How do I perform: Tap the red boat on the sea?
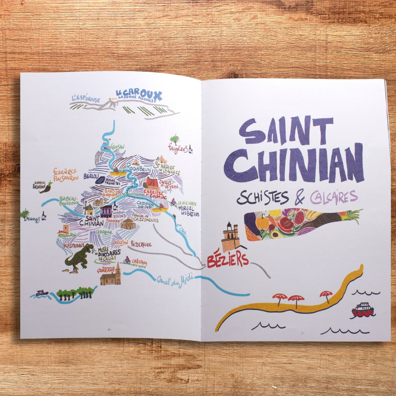pos(363,310)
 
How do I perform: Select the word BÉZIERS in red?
pos(228,260)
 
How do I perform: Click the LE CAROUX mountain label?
pos(139,95)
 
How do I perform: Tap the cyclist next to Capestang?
pos(127,260)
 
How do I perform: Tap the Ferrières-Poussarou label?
pos(65,175)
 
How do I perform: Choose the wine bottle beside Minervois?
pos(44,215)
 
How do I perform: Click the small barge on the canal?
pos(42,293)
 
